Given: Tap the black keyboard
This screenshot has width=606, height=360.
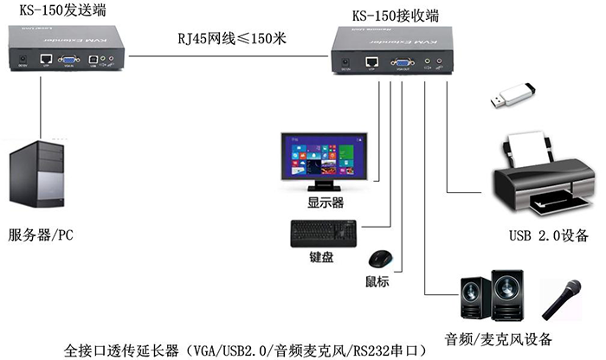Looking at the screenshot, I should pyautogui.click(x=324, y=232).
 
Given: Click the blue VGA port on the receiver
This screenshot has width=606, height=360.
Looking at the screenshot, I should pyautogui.click(x=401, y=61).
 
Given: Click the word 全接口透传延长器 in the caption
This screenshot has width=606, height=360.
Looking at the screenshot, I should pyautogui.click(x=123, y=350).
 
